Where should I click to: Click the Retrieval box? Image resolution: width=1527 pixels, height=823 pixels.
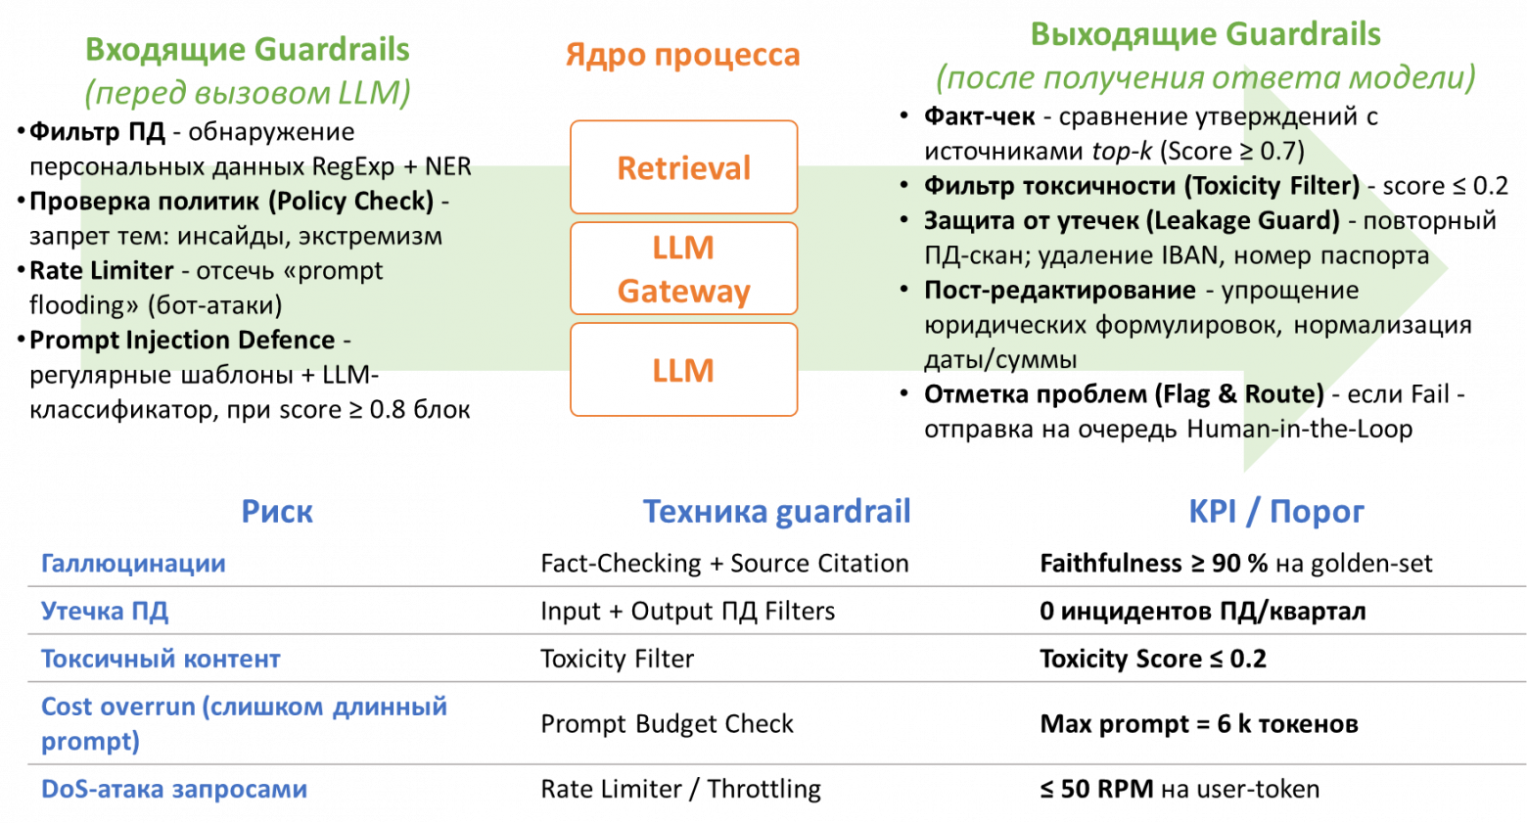pyautogui.click(x=683, y=167)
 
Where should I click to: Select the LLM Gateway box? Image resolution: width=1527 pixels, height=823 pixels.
pyautogui.click(x=683, y=269)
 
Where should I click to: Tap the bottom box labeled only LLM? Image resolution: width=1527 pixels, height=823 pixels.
pyautogui.click(x=683, y=370)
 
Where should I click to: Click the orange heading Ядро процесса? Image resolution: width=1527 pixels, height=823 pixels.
pyautogui.click(x=682, y=55)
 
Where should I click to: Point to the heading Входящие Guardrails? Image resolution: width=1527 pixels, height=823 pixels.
pyautogui.click(x=247, y=49)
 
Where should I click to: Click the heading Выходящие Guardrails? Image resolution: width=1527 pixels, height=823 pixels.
pyautogui.click(x=1205, y=35)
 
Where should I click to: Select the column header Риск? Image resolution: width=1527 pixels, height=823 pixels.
pyautogui.click(x=277, y=512)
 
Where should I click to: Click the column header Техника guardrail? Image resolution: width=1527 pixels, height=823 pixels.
pyautogui.click(x=776, y=512)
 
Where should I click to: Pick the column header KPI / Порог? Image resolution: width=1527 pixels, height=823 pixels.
pyautogui.click(x=1275, y=512)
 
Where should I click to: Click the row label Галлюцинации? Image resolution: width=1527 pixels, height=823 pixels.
pyautogui.click(x=133, y=564)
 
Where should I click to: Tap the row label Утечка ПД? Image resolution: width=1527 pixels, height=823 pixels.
pyautogui.click(x=105, y=612)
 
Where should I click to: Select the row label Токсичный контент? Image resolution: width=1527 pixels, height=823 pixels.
pyautogui.click(x=161, y=660)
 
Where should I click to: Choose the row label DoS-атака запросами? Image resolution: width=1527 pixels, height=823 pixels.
pyautogui.click(x=174, y=790)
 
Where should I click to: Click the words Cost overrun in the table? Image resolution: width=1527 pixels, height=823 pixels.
pyautogui.click(x=117, y=707)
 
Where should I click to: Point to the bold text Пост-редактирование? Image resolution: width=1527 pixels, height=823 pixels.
pyautogui.click(x=1059, y=291)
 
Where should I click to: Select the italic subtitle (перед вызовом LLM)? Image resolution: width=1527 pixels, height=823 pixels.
pyautogui.click(x=247, y=93)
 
